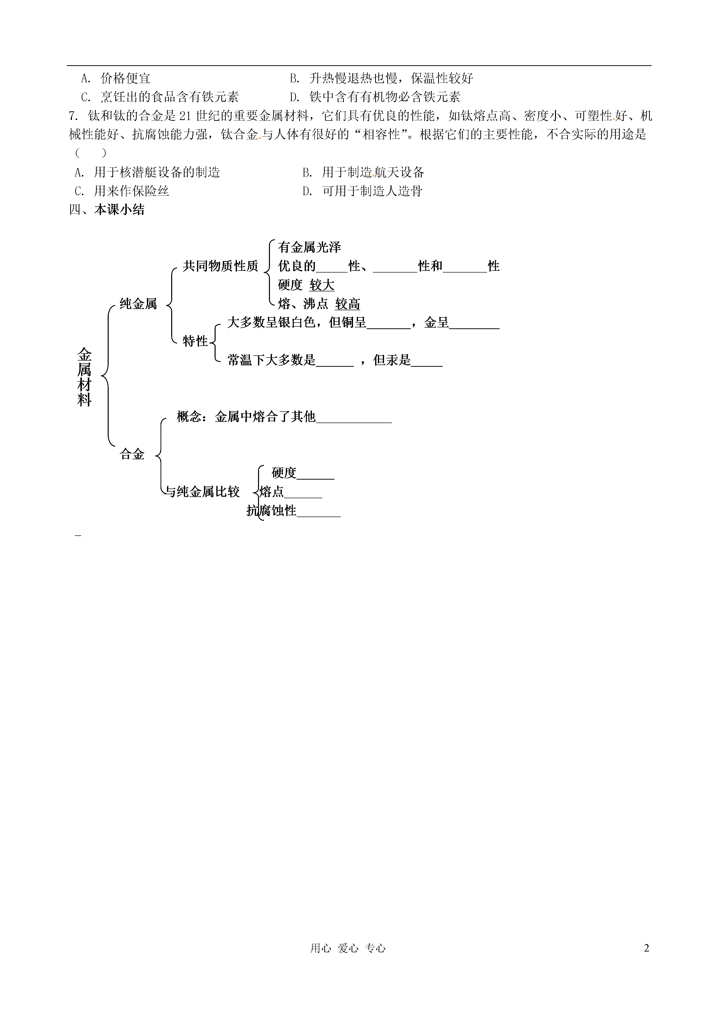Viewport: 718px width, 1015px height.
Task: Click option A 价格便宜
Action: click(116, 78)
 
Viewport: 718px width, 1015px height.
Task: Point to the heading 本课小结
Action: click(119, 210)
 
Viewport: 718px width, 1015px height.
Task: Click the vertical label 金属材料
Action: click(85, 377)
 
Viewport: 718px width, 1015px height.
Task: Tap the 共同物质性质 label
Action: click(220, 266)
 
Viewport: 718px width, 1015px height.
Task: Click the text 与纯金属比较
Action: click(202, 492)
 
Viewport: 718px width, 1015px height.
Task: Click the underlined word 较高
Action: click(348, 304)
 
